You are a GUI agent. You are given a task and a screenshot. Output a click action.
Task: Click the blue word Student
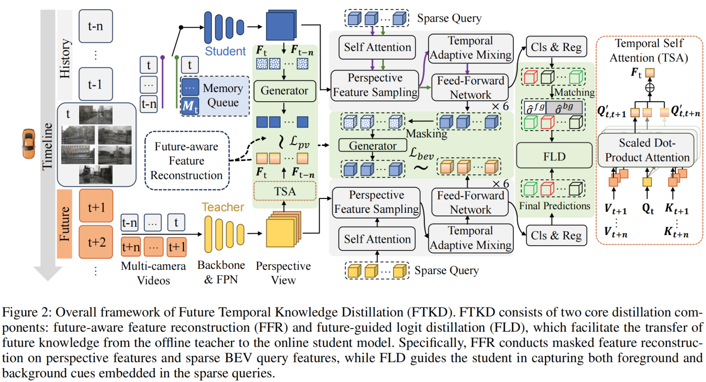(226, 51)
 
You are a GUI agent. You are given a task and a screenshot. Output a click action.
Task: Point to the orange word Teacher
(222, 207)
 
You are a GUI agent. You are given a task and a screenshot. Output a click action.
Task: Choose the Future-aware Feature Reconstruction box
(186, 160)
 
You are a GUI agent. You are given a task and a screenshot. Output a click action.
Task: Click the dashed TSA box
(284, 192)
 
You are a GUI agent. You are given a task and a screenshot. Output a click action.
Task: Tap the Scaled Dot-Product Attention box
(647, 151)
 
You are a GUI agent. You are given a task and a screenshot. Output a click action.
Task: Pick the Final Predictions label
(554, 206)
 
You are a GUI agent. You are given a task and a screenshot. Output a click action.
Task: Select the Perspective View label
(283, 273)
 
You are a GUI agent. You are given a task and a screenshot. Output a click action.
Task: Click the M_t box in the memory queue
(190, 106)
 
